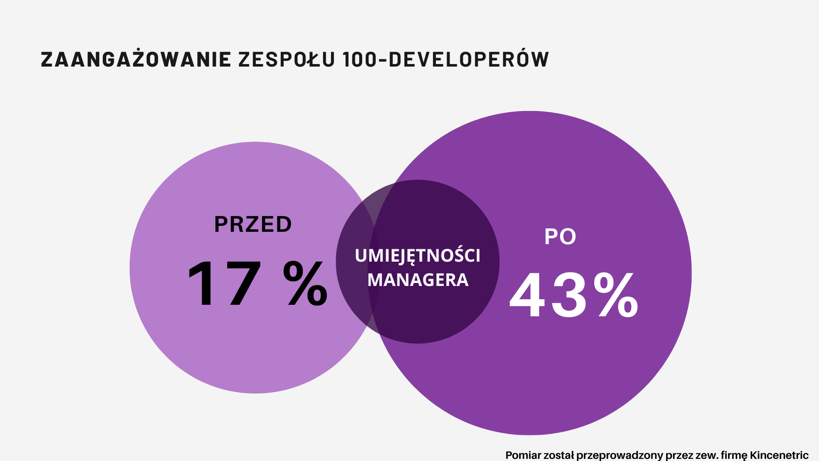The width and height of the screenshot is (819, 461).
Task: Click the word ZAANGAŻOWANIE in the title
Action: pos(136,59)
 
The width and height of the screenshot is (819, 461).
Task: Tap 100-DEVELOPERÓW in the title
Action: pos(446,59)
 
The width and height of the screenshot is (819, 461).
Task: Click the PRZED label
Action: pos(253,225)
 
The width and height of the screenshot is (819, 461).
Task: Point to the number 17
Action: pos(224,283)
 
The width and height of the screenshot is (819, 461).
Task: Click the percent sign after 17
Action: pos(305,283)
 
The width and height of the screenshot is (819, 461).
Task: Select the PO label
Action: pos(560,237)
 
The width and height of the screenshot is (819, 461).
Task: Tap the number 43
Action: pos(549,295)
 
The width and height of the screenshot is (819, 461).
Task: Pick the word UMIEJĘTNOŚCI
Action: pos(418,256)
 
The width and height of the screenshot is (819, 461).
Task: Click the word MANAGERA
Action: pos(418,280)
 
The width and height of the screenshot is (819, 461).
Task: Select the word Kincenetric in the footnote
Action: pos(779,455)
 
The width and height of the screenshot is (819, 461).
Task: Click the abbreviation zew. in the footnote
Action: pos(707,455)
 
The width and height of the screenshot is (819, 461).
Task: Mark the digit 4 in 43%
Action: pos(528,295)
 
